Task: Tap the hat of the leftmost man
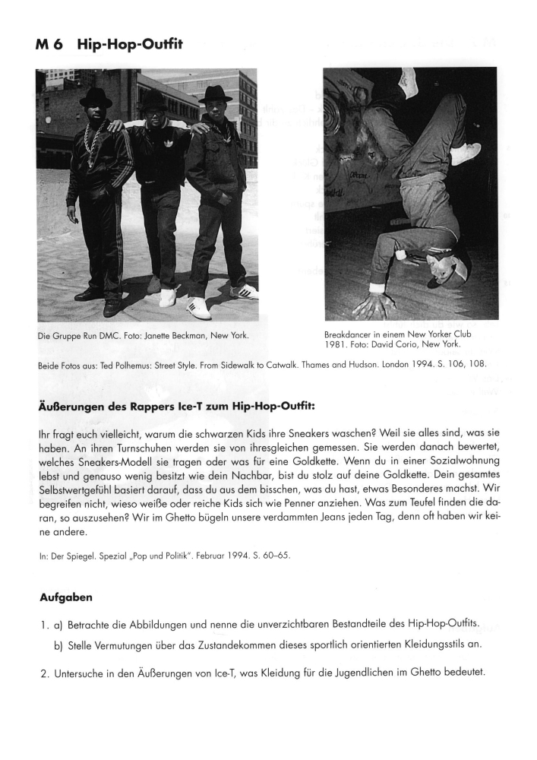pyautogui.click(x=96, y=97)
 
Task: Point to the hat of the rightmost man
pyautogui.click(x=215, y=93)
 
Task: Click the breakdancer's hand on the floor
pyautogui.click(x=371, y=305)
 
